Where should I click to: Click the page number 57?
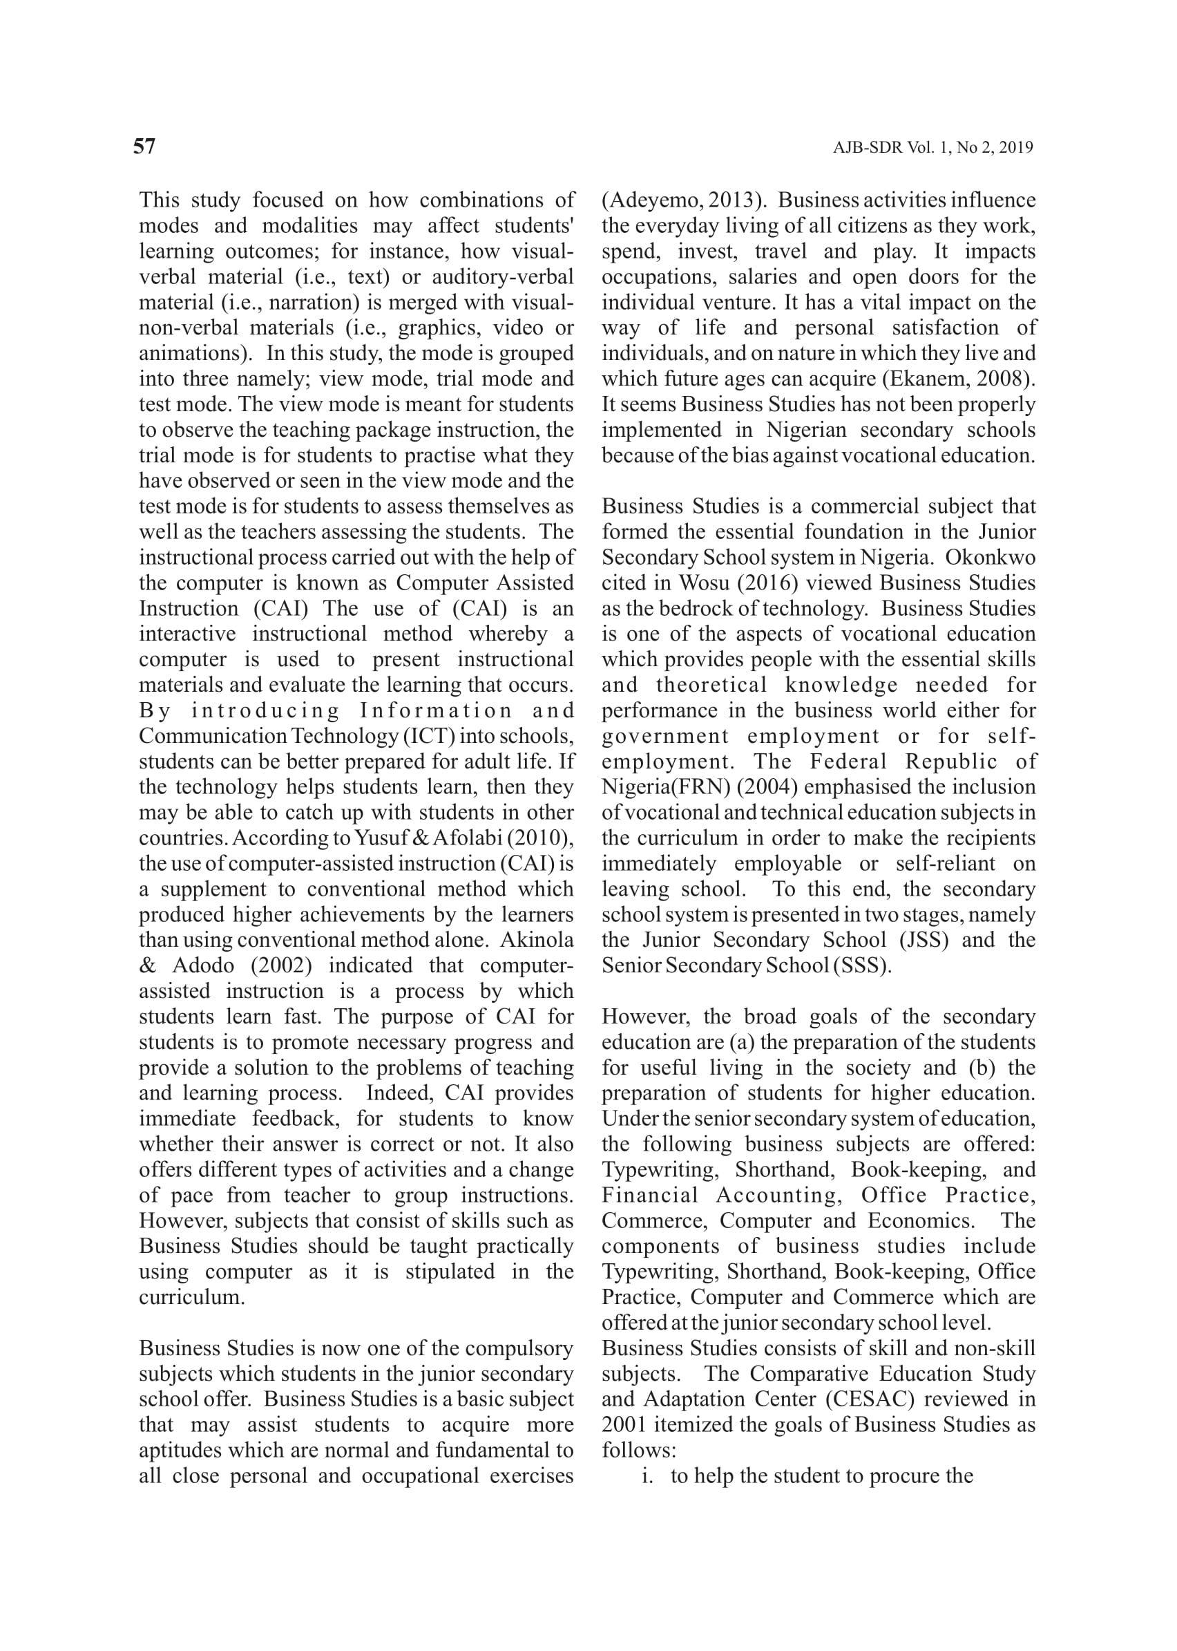pos(144,147)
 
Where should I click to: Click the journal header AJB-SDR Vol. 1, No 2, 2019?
pos(932,148)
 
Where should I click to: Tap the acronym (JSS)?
pos(924,941)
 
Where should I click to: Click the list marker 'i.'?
pos(648,1476)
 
